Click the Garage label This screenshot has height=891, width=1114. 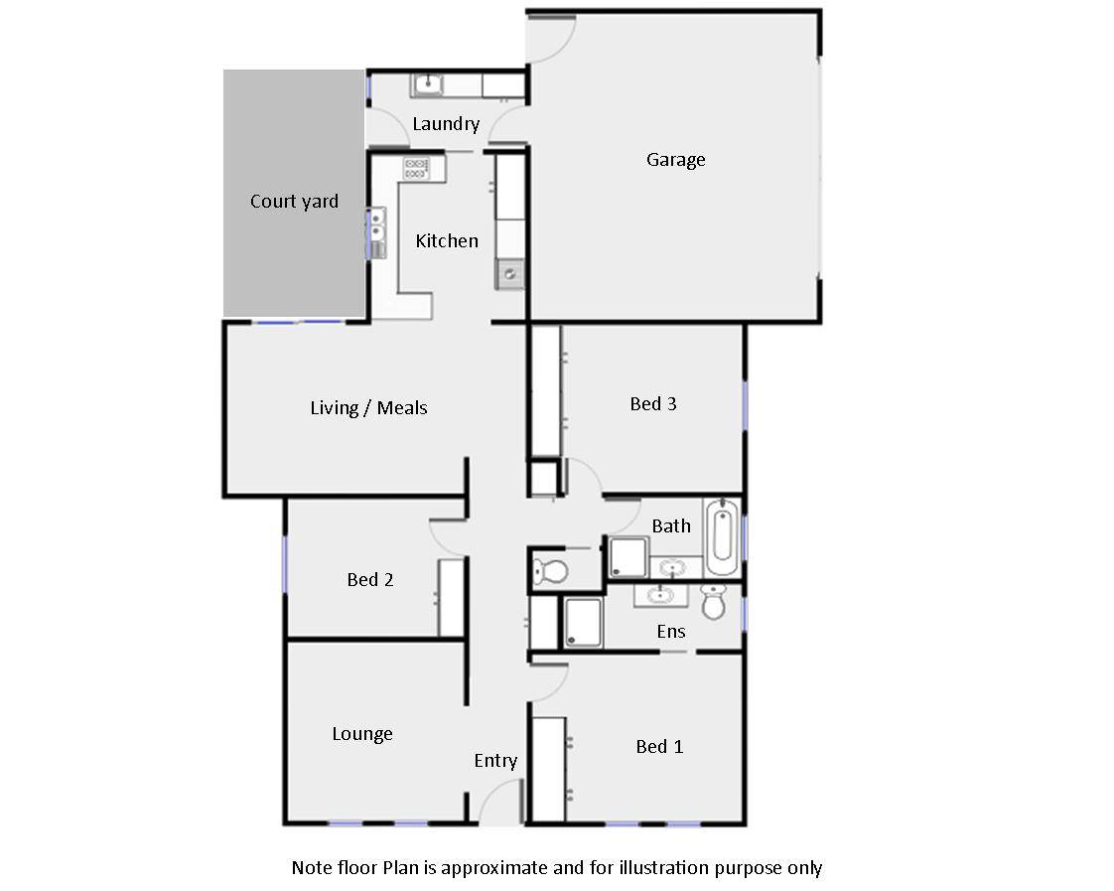click(x=675, y=160)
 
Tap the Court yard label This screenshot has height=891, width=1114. click(x=294, y=202)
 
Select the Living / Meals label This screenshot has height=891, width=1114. click(x=368, y=408)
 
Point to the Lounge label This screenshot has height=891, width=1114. click(x=362, y=734)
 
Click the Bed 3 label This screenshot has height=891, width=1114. click(x=653, y=404)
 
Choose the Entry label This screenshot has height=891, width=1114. click(x=495, y=761)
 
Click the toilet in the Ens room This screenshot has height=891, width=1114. click(x=713, y=600)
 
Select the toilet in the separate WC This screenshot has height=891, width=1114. click(x=549, y=571)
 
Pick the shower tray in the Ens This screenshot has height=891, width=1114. click(x=583, y=623)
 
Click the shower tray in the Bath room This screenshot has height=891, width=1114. click(x=627, y=557)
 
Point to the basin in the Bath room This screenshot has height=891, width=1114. click(x=672, y=569)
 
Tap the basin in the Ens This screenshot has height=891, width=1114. click(x=658, y=594)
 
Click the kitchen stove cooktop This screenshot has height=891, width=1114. click(x=416, y=168)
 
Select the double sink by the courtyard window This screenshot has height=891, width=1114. click(x=377, y=227)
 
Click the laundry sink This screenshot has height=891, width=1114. click(x=429, y=85)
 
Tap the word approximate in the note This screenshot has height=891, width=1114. click(x=493, y=868)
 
